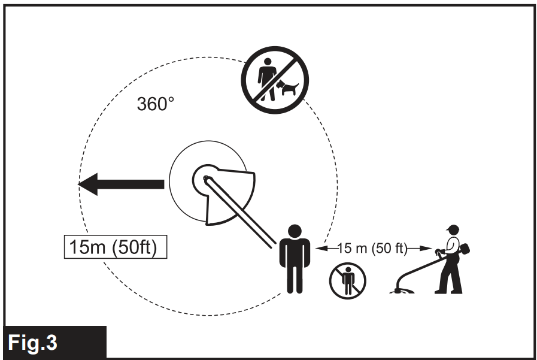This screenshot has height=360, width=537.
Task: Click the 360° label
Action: (156, 104)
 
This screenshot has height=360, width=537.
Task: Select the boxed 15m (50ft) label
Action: (115, 247)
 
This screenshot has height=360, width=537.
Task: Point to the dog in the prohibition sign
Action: (287, 88)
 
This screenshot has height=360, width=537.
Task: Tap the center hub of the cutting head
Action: (206, 178)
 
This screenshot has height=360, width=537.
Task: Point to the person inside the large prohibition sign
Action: (266, 78)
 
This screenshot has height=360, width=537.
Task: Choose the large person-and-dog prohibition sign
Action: (275, 80)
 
